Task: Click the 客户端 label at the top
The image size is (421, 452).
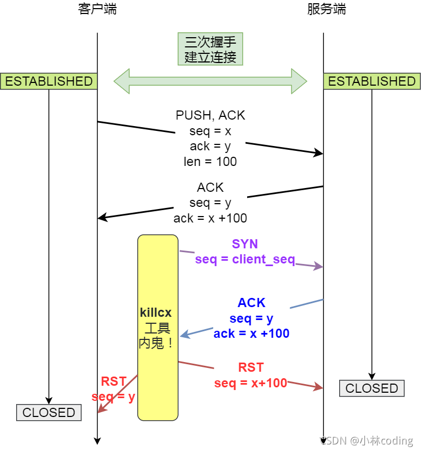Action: pyautogui.click(x=97, y=9)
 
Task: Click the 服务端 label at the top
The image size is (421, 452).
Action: pyautogui.click(x=326, y=9)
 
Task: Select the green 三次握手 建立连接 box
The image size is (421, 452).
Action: pyautogui.click(x=210, y=49)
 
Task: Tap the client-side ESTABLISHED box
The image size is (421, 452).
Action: pyautogui.click(x=48, y=81)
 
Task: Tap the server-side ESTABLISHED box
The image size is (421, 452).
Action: pyautogui.click(x=372, y=81)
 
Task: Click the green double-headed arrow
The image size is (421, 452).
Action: pyautogui.click(x=210, y=81)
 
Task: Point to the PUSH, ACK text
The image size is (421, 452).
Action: pyautogui.click(x=210, y=115)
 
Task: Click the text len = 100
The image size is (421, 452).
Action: pyautogui.click(x=210, y=162)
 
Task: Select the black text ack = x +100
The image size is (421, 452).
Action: pyautogui.click(x=210, y=218)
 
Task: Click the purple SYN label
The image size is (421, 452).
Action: pyautogui.click(x=245, y=244)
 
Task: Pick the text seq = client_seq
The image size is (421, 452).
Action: pyautogui.click(x=245, y=259)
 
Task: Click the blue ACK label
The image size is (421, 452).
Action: pyautogui.click(x=251, y=303)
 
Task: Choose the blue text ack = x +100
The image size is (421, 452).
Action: pyautogui.click(x=251, y=333)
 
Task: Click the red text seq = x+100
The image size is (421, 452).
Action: pyautogui.click(x=251, y=383)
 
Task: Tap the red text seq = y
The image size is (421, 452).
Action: pyautogui.click(x=113, y=397)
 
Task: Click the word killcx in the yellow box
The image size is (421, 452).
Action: pyautogui.click(x=156, y=312)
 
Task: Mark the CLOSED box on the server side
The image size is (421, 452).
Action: pyautogui.click(x=371, y=388)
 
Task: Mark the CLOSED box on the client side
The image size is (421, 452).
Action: pyautogui.click(x=48, y=413)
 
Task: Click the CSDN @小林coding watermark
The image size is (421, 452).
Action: pyautogui.click(x=368, y=441)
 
